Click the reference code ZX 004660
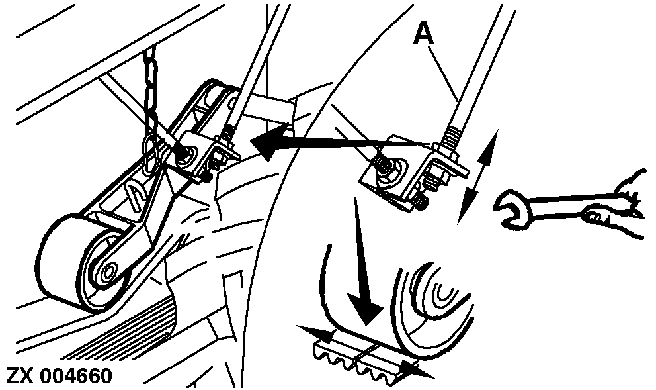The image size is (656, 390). [x=60, y=375]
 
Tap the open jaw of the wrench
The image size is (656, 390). [x=508, y=209]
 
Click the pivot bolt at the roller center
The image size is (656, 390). [x=108, y=272]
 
